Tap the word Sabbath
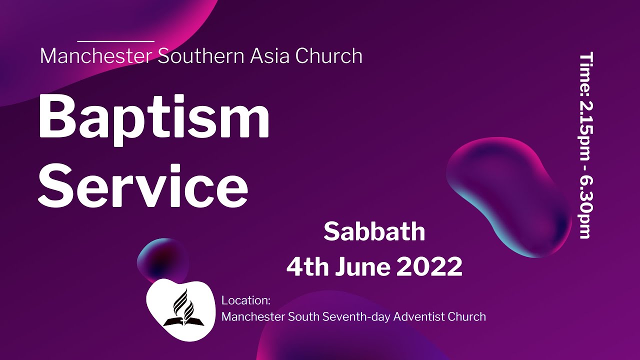pyautogui.click(x=374, y=232)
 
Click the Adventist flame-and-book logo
pyautogui.click(x=179, y=308)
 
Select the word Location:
pyautogui.click(x=246, y=301)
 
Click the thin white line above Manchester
pyautogui.click(x=116, y=41)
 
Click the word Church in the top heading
pyautogui.click(x=329, y=56)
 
